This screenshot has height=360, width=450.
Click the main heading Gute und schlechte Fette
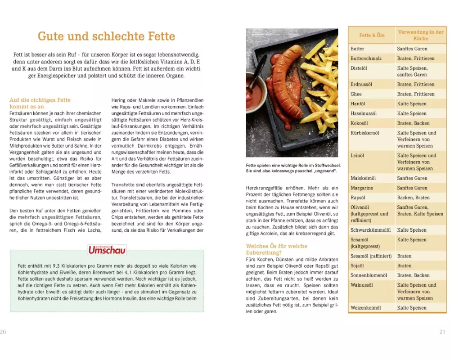[106, 36]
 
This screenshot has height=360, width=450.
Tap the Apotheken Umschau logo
[107, 250]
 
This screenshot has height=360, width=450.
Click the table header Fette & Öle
[372, 35]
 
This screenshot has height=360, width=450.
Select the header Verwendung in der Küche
[420, 35]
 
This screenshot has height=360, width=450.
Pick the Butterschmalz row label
[366, 58]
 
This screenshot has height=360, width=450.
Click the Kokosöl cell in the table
[360, 123]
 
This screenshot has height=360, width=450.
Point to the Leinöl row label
[357, 156]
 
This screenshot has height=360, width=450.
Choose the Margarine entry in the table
[362, 188]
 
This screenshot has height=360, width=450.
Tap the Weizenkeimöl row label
[365, 308]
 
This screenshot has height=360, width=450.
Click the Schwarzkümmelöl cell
[370, 230]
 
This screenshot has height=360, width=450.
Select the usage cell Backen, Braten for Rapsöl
[413, 198]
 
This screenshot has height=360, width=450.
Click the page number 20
[4, 332]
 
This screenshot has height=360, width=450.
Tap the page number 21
[442, 332]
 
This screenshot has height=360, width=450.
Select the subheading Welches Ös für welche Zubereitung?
[276, 249]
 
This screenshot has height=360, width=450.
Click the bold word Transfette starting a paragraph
[123, 185]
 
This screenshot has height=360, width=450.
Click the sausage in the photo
[286, 85]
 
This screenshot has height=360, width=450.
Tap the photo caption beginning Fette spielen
[293, 168]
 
